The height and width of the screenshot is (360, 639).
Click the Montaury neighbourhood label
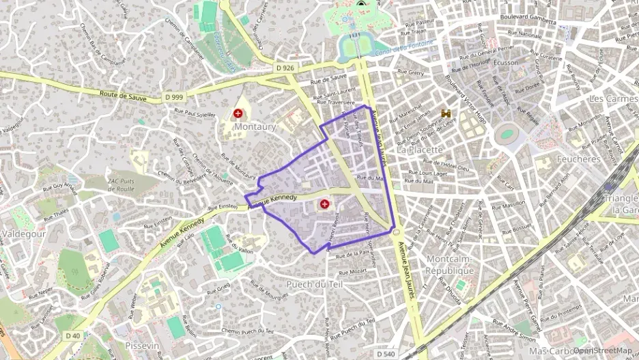point(255,127)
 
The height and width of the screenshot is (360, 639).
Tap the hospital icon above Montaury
point(238,113)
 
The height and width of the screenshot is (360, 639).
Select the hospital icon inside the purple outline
point(324,204)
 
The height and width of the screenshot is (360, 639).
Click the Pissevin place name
point(142,346)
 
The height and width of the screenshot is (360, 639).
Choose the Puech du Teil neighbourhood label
point(314,284)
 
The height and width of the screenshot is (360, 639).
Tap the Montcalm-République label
point(450,264)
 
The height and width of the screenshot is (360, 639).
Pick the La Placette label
point(420,149)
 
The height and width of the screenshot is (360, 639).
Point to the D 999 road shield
point(173,98)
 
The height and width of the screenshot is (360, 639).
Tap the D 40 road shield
point(73,335)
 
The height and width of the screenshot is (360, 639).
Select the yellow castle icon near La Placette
point(447,113)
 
